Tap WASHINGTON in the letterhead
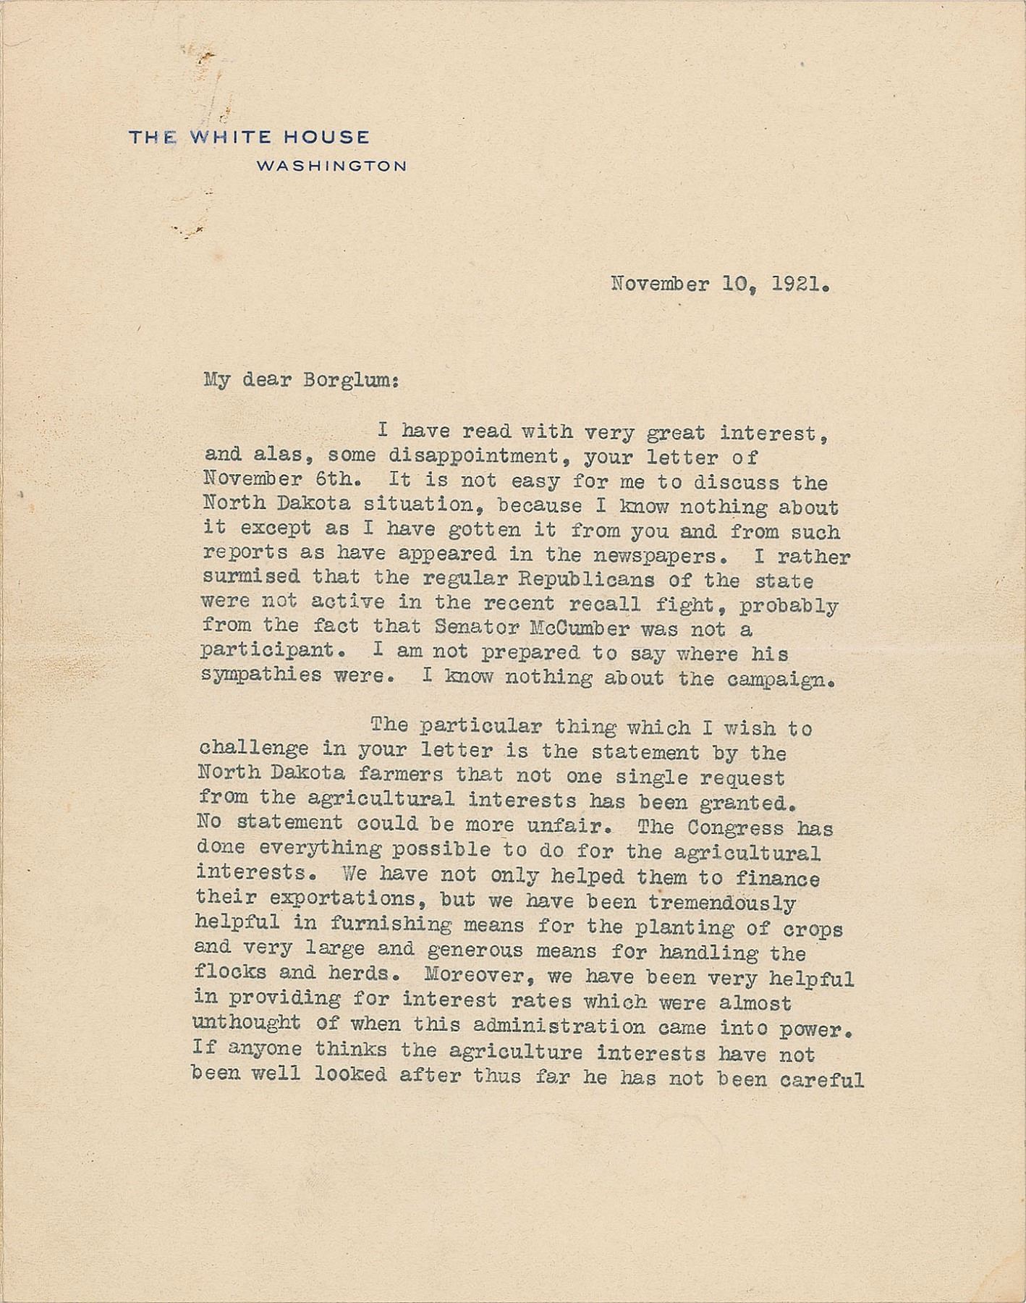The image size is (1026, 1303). coord(331,166)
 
